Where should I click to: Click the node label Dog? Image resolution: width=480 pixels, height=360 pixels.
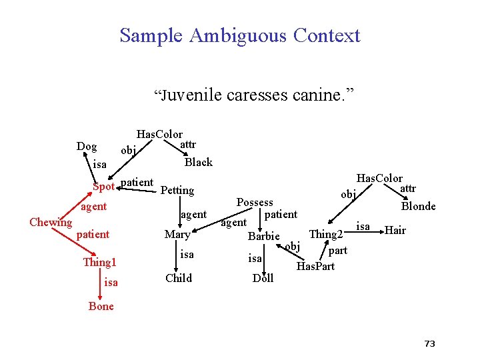(87, 147)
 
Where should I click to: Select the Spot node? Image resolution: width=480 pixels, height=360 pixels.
(103, 186)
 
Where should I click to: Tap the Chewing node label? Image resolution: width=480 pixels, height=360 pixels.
(51, 222)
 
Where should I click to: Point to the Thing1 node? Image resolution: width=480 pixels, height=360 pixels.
(99, 262)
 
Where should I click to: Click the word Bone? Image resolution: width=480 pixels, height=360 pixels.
(101, 307)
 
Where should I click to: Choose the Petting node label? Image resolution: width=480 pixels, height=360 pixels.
(177, 191)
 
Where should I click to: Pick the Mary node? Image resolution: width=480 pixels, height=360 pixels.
(177, 235)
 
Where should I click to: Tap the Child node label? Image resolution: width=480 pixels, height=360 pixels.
(178, 279)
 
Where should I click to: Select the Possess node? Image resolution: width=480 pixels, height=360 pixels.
(255, 203)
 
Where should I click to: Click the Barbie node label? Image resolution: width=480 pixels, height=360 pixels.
(263, 236)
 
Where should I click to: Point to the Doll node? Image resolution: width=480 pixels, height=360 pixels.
(263, 279)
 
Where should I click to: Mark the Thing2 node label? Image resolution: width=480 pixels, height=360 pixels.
(326, 234)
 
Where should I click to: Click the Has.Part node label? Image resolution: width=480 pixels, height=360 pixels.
(315, 267)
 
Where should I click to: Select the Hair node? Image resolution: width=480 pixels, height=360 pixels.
(395, 230)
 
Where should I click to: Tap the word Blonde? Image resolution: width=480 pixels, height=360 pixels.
(418, 207)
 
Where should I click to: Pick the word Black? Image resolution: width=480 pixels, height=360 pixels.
(198, 162)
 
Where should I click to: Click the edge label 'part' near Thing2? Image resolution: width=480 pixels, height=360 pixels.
(338, 251)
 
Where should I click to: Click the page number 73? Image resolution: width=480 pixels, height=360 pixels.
(429, 344)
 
